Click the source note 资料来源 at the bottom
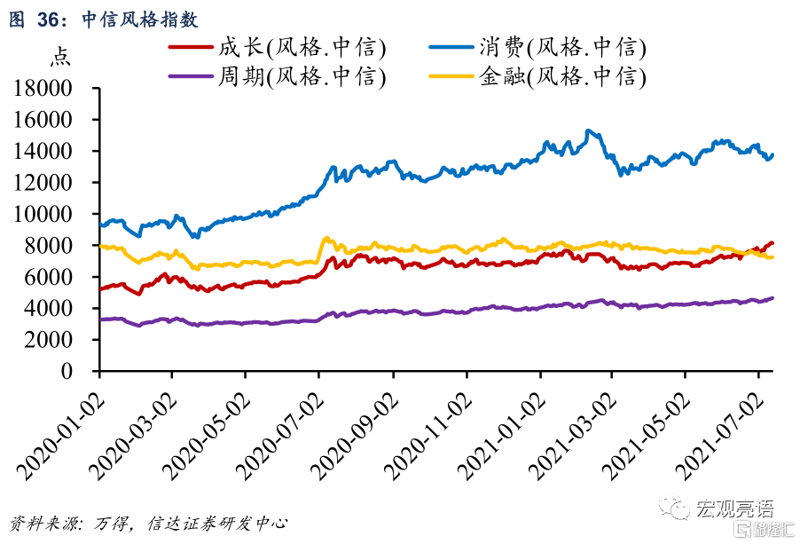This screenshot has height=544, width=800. coord(40,523)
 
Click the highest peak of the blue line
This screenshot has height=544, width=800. coord(588,131)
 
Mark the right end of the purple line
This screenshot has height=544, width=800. coord(772,297)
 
